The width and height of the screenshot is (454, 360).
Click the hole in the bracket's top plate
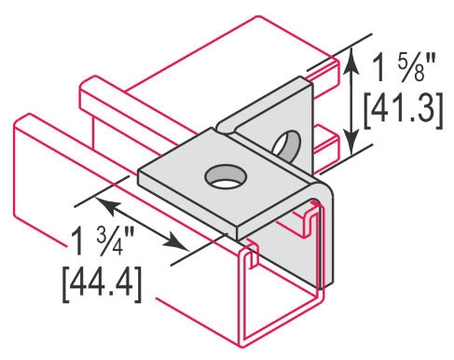225,176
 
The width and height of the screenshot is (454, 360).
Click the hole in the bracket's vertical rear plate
287,144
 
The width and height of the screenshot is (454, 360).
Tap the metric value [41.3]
404,111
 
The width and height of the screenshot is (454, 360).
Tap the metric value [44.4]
103,284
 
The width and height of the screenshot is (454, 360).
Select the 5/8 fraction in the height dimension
415,69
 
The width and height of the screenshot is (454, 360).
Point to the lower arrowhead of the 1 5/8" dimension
351,142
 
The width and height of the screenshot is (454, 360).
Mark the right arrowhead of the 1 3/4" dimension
176,242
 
